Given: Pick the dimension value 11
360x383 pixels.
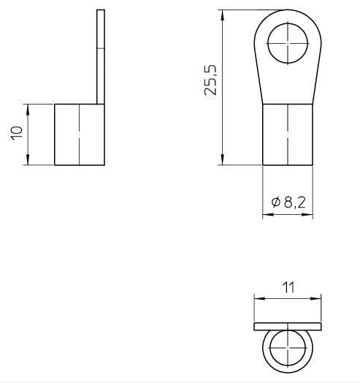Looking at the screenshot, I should pyautogui.click(x=288, y=287).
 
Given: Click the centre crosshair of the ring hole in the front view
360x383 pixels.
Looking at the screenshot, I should pyautogui.click(x=288, y=43).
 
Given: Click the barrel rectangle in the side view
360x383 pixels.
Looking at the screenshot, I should pyautogui.click(x=79, y=134).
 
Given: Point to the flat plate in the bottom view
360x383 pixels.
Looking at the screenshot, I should pyautogui.click(x=287, y=325).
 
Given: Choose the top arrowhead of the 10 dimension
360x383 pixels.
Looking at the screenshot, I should pyautogui.click(x=28, y=107).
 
